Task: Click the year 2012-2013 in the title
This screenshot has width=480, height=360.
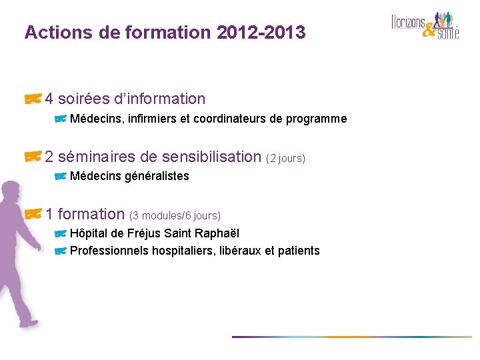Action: click(x=261, y=32)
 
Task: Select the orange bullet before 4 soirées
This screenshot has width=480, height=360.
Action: click(x=33, y=99)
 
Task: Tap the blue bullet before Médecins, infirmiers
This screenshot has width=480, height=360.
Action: click(x=60, y=119)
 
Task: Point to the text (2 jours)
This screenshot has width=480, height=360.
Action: click(x=285, y=159)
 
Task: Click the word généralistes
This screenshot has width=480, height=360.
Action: click(x=157, y=176)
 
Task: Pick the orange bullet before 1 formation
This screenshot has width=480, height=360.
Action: click(x=33, y=214)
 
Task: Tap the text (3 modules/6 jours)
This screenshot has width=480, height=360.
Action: click(x=175, y=216)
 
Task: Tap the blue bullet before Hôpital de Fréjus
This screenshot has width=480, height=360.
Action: click(x=60, y=233)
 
